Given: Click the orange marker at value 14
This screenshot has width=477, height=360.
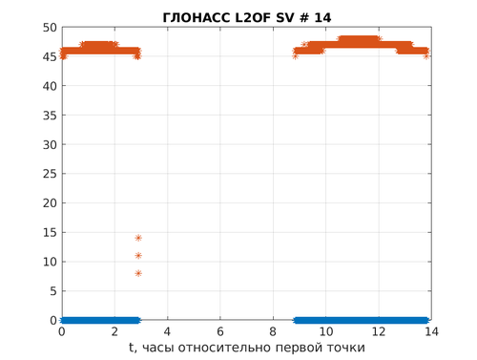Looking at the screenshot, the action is click(138, 238).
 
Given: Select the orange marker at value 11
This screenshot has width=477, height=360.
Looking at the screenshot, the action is click(138, 256).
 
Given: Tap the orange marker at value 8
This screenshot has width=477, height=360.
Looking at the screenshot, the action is click(138, 273).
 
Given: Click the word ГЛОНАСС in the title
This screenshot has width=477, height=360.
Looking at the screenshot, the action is click(197, 18).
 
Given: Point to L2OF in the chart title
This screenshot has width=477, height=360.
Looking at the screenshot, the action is click(253, 18).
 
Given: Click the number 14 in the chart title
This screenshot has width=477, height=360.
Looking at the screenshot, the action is click(322, 18).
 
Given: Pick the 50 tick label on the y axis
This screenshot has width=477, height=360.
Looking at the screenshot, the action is click(50, 28).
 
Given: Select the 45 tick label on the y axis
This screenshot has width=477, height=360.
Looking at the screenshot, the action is click(50, 57).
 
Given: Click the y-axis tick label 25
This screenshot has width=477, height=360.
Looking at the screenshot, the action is click(50, 174).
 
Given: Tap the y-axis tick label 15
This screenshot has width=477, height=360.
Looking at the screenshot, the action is click(50, 232).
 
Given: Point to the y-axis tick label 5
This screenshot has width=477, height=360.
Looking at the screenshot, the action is click(53, 291).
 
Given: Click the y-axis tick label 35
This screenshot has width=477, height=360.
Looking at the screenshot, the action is click(50, 116).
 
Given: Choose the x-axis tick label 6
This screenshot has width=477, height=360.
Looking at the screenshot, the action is click(220, 331).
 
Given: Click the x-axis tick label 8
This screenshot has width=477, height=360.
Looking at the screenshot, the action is click(273, 331).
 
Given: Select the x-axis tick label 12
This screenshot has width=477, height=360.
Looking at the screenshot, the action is click(379, 331).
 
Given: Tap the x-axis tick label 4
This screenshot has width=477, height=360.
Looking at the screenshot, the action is click(167, 331).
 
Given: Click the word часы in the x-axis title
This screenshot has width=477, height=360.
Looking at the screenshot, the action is click(158, 348).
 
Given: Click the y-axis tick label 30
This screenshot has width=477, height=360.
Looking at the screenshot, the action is click(50, 145).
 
